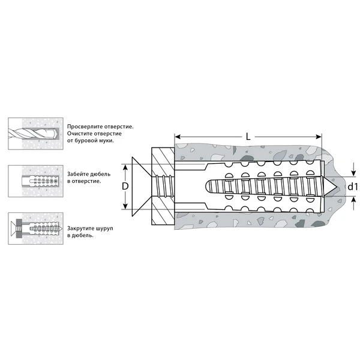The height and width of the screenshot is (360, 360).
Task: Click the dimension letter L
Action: click(248, 137)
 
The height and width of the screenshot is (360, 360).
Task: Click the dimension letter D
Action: click(125, 187)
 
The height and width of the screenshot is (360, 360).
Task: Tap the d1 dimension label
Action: click(353, 187)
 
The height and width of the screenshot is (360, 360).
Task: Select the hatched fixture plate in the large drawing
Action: click(163, 186)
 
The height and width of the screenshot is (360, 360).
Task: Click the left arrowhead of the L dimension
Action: click(178, 137)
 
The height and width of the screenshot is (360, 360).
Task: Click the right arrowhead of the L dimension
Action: click(319, 137)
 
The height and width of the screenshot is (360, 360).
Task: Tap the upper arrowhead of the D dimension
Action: click(125, 167)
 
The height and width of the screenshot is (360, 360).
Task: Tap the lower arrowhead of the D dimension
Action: click(125, 206)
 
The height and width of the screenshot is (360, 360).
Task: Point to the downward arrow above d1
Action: click(353, 171)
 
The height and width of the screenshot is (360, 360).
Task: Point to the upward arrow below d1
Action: click(353, 203)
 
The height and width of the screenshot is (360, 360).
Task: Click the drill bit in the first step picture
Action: click(32, 134)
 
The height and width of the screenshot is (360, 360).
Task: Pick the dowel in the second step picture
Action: click(41, 181)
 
